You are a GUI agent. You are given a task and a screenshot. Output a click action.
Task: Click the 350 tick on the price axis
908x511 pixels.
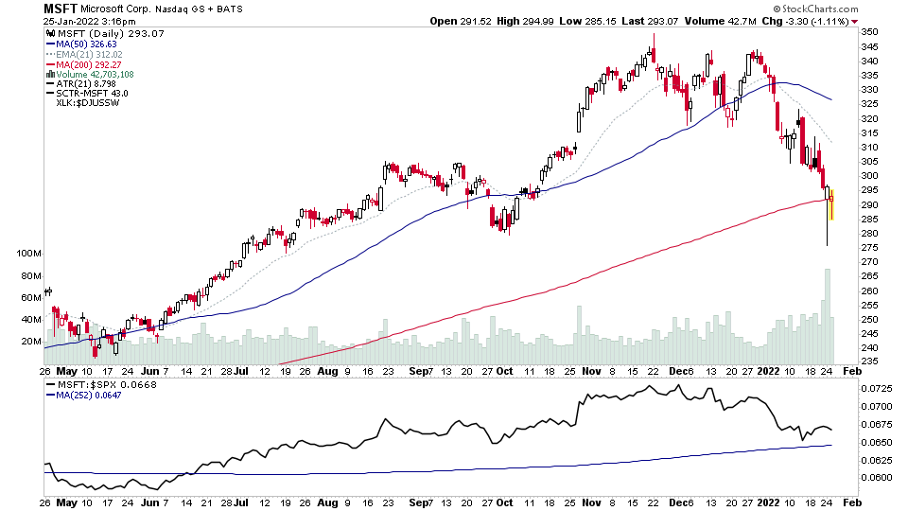(869, 32)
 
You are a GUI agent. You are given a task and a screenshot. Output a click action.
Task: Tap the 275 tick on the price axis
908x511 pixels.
(869, 248)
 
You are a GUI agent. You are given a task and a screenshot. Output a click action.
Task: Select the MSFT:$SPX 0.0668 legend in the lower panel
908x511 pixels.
(94, 384)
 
